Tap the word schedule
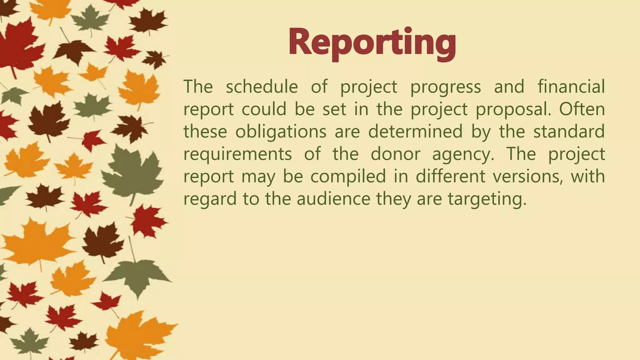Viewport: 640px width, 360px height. [x=262, y=87]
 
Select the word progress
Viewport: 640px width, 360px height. [x=446, y=87]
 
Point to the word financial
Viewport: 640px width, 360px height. [x=571, y=87]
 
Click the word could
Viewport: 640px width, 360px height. [x=264, y=109]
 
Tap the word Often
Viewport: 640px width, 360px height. [x=582, y=109]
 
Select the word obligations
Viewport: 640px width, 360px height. [x=281, y=132]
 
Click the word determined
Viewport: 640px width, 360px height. [x=415, y=132]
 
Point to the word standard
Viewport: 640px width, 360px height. [x=569, y=132]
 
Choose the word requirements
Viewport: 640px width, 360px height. [x=237, y=154]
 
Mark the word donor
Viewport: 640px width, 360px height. [x=395, y=154]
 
